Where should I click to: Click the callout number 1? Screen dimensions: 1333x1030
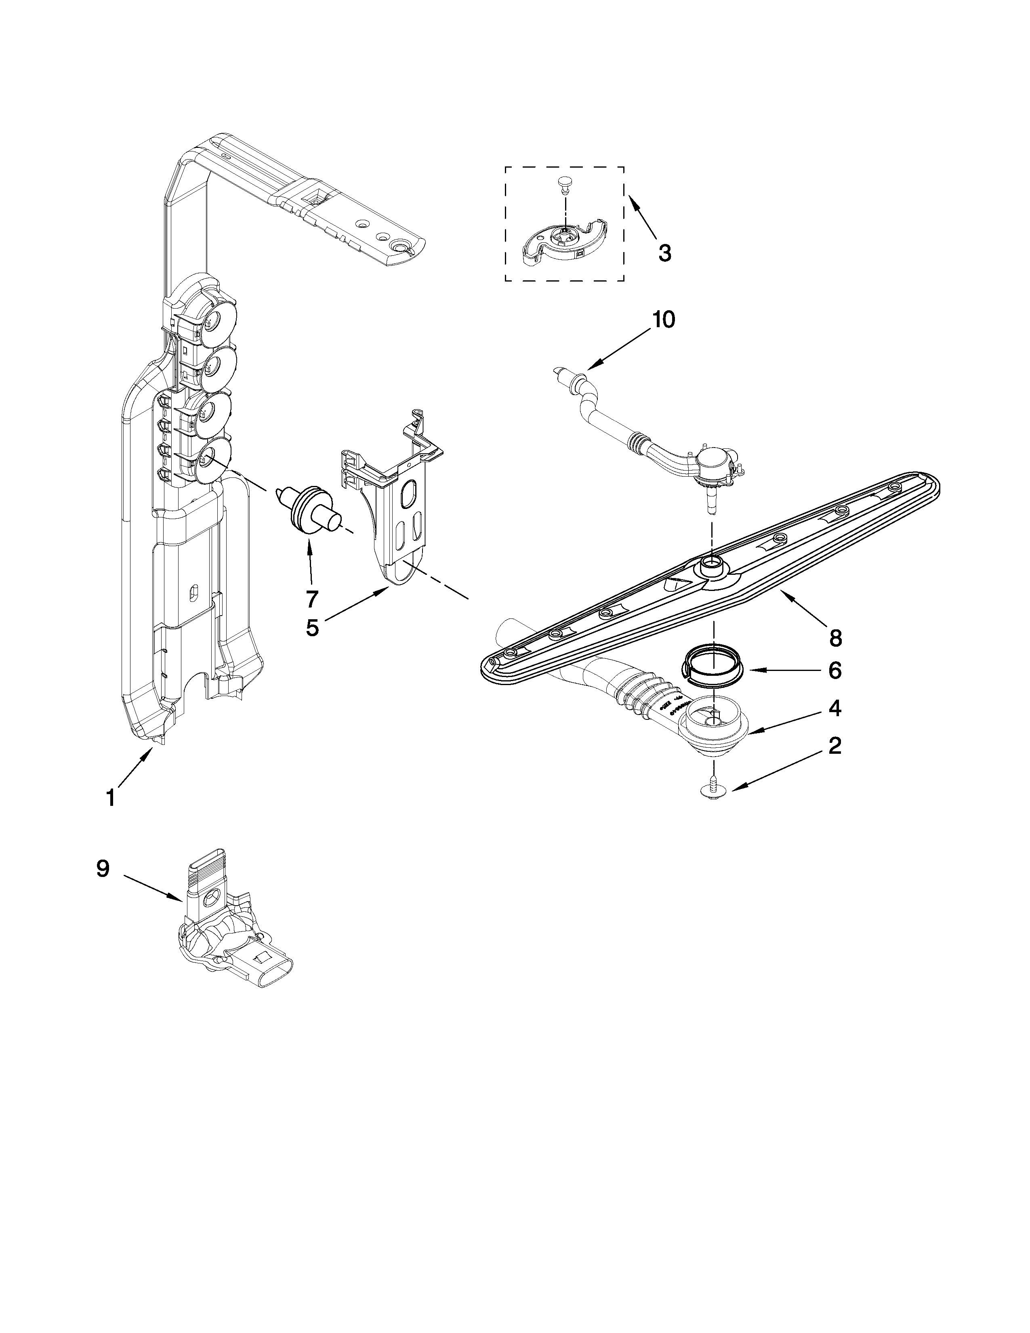(110, 798)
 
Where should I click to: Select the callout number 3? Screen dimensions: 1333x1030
(664, 253)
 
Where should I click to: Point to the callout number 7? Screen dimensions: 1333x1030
(312, 599)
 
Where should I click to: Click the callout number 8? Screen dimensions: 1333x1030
(835, 638)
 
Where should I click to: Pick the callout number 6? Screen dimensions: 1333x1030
(835, 671)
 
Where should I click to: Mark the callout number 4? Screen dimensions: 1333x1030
(835, 708)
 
